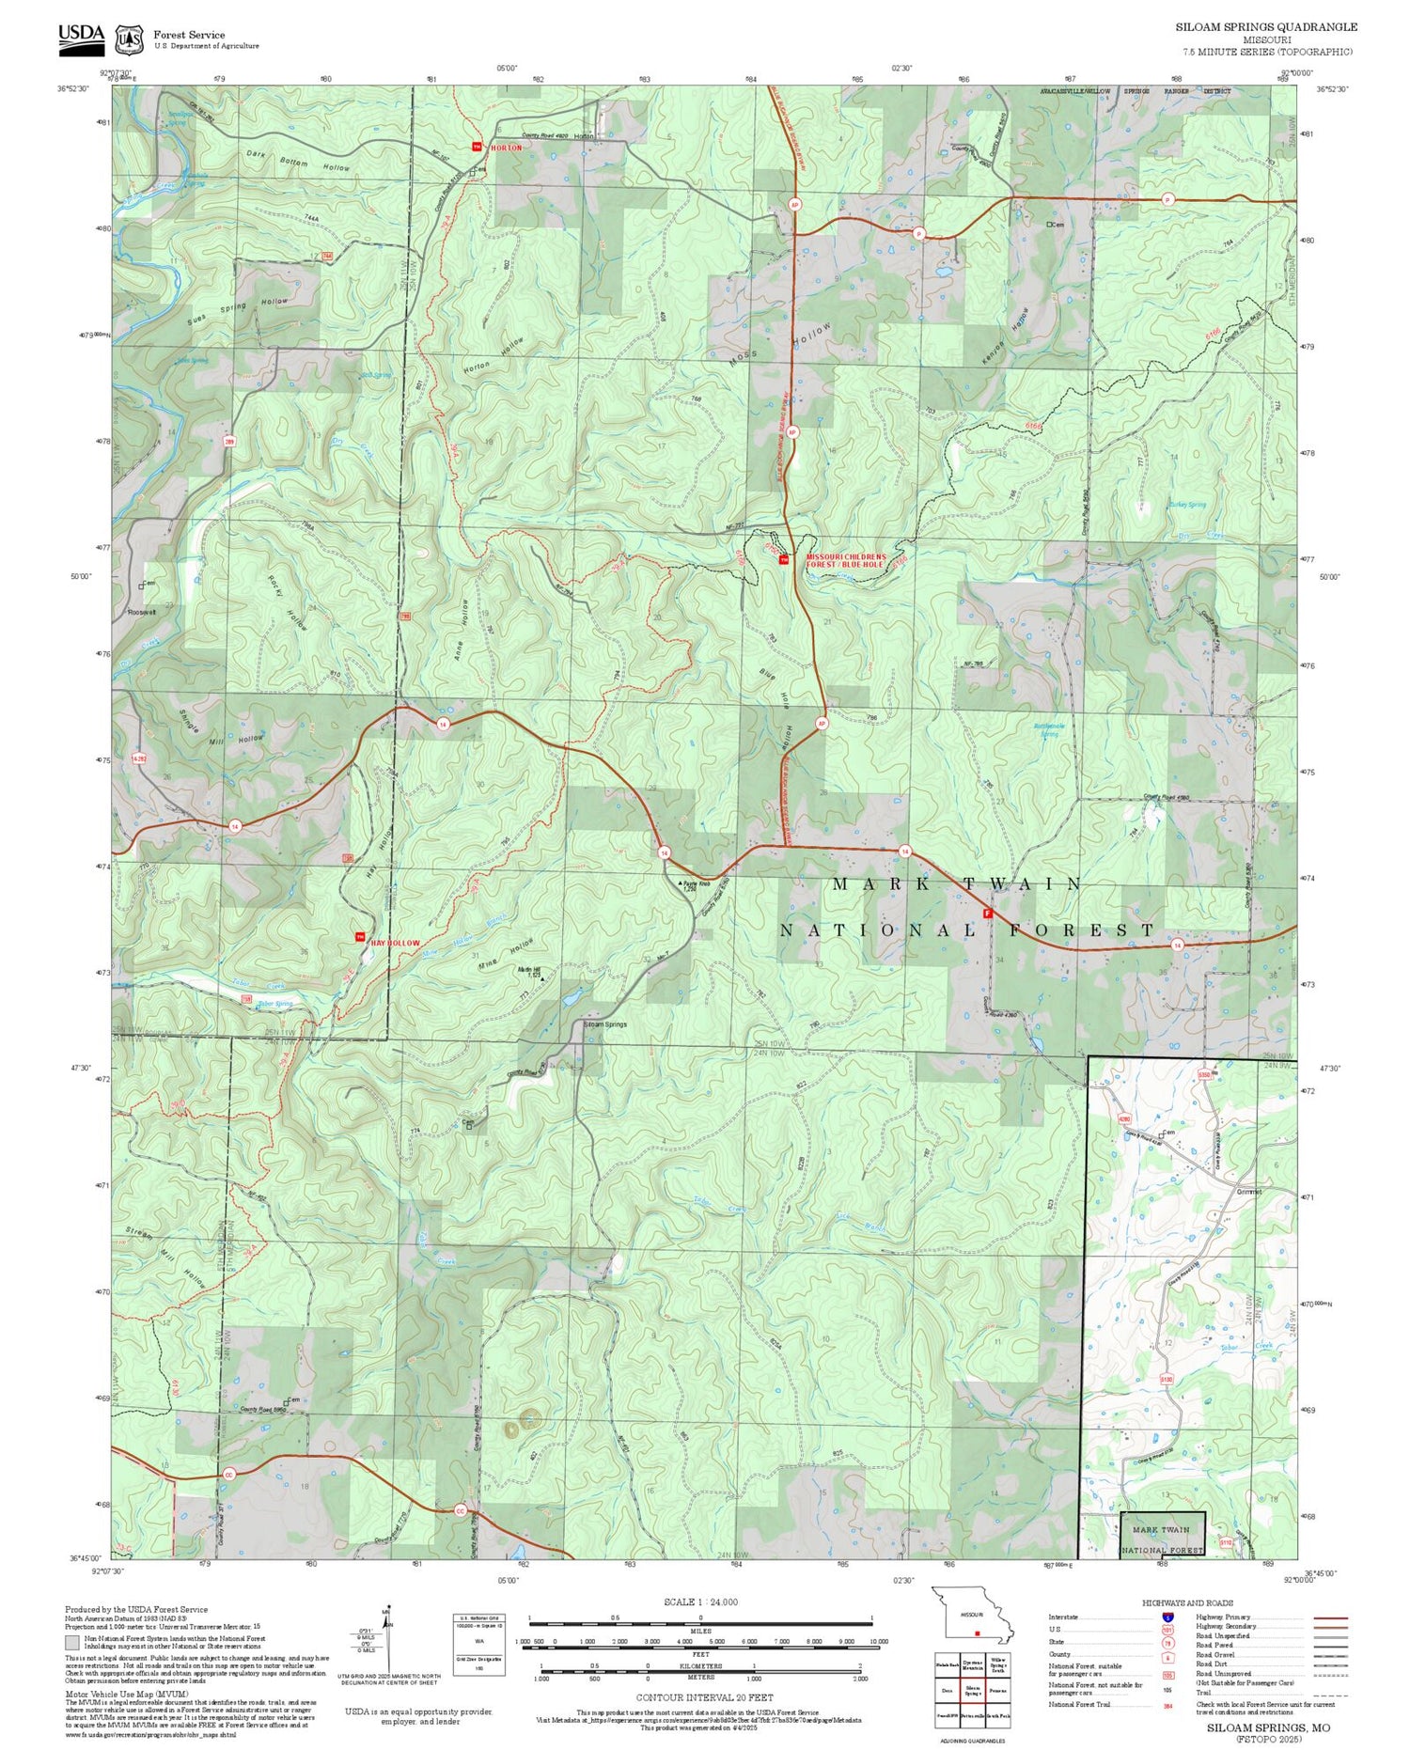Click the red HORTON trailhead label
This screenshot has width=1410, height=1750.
(505, 148)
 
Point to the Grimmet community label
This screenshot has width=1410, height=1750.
(1249, 1191)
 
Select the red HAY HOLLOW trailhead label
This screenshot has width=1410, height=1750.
(394, 942)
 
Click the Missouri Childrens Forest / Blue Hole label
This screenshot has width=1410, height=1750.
(845, 560)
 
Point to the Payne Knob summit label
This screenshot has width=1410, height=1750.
(697, 884)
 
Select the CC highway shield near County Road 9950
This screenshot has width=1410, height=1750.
(228, 1475)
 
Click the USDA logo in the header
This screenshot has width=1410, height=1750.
(82, 36)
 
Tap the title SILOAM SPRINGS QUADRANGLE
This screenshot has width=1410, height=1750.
(1266, 27)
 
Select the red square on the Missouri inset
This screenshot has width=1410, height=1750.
(978, 1633)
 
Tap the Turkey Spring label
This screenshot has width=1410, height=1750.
(1187, 505)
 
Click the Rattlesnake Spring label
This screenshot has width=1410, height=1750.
(1047, 728)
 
